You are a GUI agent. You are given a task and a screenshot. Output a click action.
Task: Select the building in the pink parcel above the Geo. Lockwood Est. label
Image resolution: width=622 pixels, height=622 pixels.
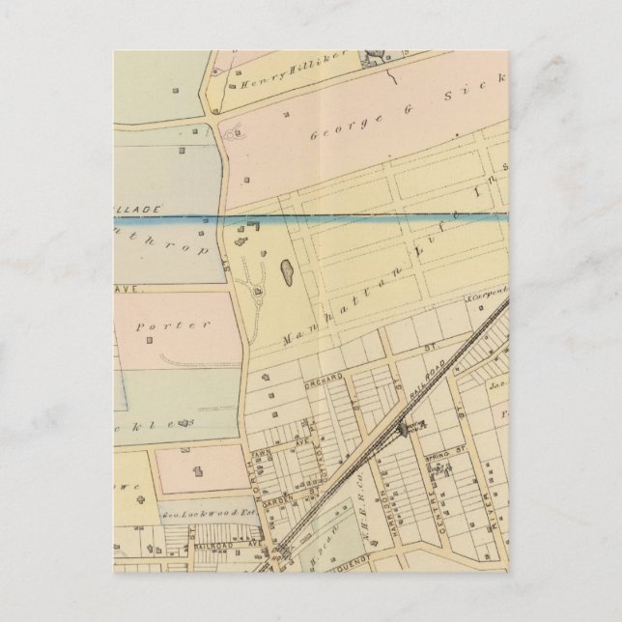pos(198,473)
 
